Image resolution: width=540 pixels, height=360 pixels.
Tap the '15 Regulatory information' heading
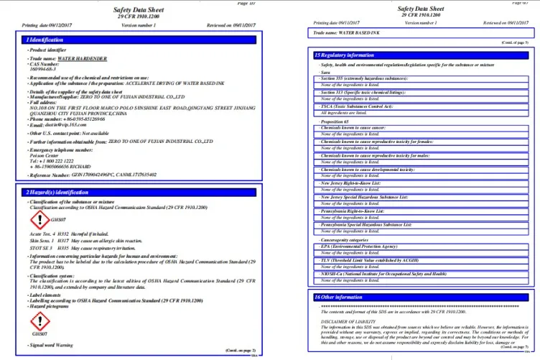point(345,55)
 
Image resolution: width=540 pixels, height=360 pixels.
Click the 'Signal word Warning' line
point(51,346)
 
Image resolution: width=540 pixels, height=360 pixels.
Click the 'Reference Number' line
point(101,175)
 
